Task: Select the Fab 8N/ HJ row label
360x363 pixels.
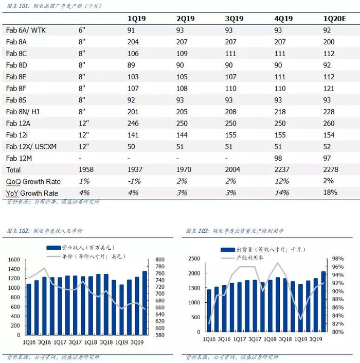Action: coord(23,112)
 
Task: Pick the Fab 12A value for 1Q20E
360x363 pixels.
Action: coord(329,124)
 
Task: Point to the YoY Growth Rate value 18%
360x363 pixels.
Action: coord(330,192)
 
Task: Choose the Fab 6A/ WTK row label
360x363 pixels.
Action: coord(26,30)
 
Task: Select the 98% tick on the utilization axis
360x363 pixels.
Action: coord(337,259)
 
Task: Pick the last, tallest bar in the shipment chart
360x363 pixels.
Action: coord(323,301)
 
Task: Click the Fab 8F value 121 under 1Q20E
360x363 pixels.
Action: coord(329,89)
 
